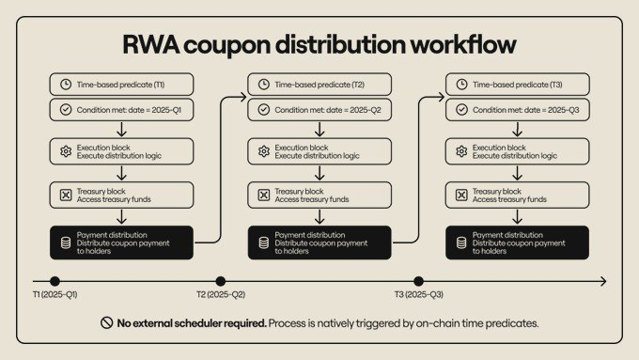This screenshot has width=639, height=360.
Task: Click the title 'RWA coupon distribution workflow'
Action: (x=319, y=45)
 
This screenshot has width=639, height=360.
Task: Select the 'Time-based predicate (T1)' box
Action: (x=122, y=85)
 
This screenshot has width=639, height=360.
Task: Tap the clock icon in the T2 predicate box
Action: (x=262, y=85)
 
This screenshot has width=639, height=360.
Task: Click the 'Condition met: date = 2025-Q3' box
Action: (x=518, y=109)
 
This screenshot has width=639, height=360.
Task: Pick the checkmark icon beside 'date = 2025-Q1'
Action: (x=65, y=109)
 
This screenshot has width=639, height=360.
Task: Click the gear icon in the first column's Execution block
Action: (x=65, y=151)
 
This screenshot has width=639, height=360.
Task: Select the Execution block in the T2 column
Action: (x=319, y=151)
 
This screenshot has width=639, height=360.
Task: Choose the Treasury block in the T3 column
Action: (x=518, y=195)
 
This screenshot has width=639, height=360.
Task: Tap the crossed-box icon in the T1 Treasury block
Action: (x=65, y=195)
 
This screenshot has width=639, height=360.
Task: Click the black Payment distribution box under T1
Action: (x=122, y=242)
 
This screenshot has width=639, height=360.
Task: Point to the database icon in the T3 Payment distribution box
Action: (x=460, y=242)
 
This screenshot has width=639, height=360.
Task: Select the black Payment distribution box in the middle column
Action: (x=319, y=242)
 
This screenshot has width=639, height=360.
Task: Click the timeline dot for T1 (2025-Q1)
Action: (x=55, y=280)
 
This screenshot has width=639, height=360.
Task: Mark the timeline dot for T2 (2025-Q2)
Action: (x=220, y=280)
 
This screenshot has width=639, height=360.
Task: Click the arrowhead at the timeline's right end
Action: (x=602, y=280)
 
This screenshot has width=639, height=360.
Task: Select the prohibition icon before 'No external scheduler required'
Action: (x=106, y=322)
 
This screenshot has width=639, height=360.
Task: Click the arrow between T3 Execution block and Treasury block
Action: (x=518, y=173)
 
